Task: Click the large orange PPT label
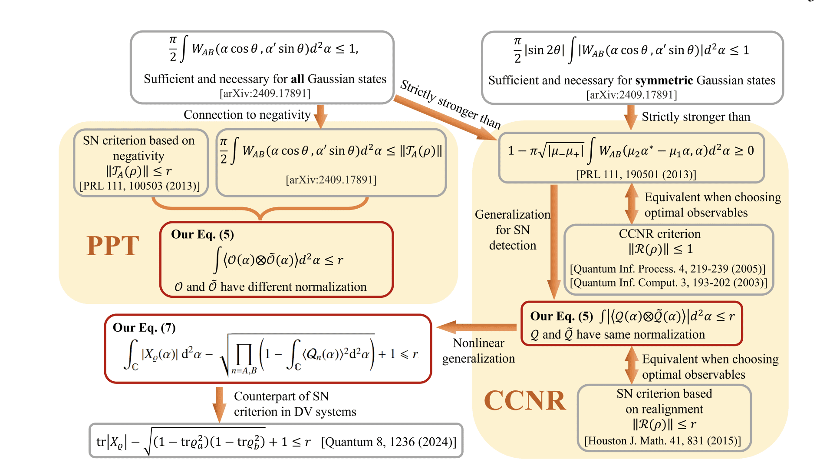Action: [112, 246]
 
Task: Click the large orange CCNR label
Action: [524, 400]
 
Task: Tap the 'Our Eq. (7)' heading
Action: [144, 327]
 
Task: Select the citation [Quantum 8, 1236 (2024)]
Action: [389, 442]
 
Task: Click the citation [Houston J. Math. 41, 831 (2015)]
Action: [662, 441]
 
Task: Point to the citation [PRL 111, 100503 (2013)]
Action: [139, 186]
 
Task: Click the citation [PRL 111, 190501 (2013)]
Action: [636, 174]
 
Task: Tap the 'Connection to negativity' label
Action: [247, 115]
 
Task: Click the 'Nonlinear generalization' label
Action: [478, 351]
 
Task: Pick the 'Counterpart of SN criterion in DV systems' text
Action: [295, 404]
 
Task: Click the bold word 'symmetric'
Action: [664, 80]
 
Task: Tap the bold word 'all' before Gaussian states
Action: [297, 79]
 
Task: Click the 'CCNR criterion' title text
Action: [659, 234]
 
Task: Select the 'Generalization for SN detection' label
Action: [512, 230]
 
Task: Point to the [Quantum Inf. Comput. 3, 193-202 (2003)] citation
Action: [668, 283]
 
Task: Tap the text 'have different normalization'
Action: [293, 287]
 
